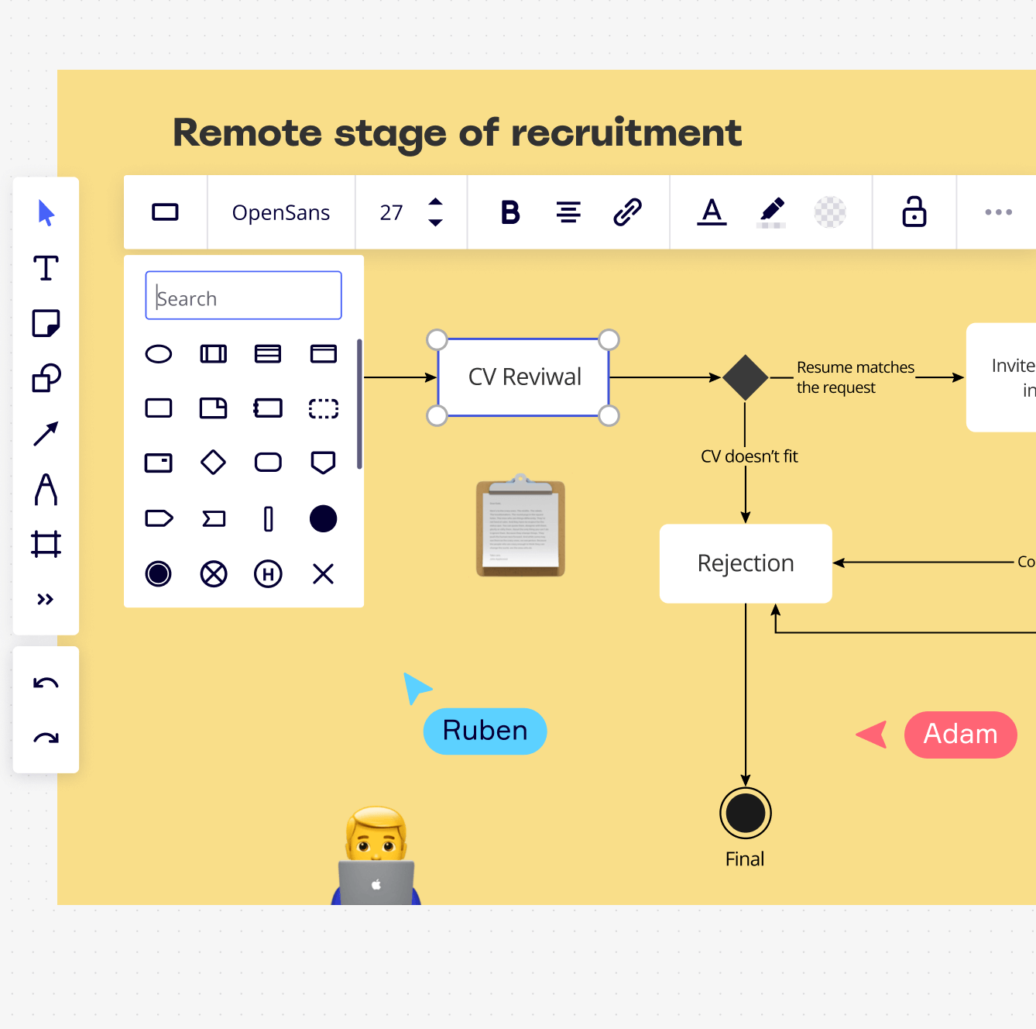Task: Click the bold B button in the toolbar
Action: [x=510, y=212]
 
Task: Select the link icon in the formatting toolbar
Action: [x=627, y=212]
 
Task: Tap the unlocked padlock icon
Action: [x=914, y=212]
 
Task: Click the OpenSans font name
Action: [x=281, y=213]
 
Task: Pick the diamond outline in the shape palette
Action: [x=213, y=463]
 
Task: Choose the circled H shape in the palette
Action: [x=268, y=574]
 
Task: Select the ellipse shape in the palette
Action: [x=159, y=354]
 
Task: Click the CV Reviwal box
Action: [x=524, y=377]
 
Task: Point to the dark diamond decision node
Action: [x=745, y=377]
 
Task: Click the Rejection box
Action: [x=746, y=563]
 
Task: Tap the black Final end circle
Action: [x=745, y=813]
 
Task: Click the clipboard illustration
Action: [x=520, y=528]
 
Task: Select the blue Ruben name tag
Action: [x=485, y=731]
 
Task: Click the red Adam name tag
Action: [x=960, y=735]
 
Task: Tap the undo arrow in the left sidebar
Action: [x=46, y=683]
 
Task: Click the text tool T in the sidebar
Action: [x=46, y=268]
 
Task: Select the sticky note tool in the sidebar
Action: [x=46, y=323]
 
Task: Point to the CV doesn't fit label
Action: [x=749, y=456]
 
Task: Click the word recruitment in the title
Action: [x=626, y=132]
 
